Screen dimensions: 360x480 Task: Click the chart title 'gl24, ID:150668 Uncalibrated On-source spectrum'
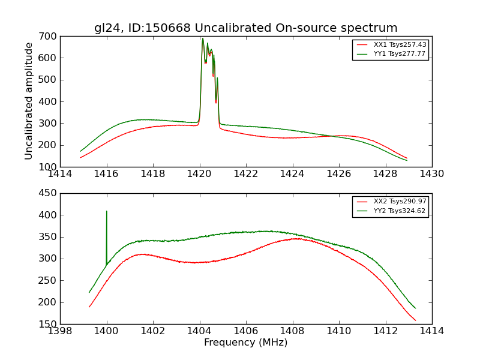tap(245, 28)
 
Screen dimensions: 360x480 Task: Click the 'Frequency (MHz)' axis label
tap(245, 343)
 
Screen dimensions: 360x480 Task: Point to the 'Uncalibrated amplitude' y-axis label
tap(29, 101)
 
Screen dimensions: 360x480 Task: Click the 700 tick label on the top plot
tap(49, 37)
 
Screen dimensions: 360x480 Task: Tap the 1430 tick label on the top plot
tap(431, 174)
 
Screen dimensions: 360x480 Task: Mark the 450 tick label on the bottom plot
tap(49, 193)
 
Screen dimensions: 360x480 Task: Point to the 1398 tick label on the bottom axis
tap(61, 331)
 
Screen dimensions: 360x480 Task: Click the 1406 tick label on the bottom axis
tap(246, 331)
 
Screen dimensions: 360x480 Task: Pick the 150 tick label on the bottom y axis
tap(49, 324)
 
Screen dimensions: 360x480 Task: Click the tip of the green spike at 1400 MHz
tap(107, 211)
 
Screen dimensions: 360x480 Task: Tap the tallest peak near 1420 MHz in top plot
tap(203, 38)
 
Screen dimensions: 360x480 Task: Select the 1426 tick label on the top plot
tap(339, 174)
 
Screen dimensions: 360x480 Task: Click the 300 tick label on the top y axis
tap(49, 124)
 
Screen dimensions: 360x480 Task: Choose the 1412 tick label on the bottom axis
tap(385, 331)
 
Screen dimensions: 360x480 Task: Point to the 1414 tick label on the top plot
tap(61, 174)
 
